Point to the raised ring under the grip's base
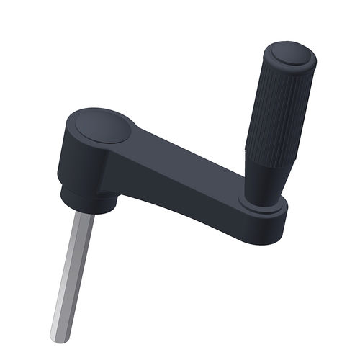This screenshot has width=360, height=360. pyautogui.click(x=261, y=207)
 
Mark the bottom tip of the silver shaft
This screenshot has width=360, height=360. pyautogui.click(x=60, y=337)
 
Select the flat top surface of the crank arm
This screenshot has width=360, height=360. pyautogui.click(x=180, y=155)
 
